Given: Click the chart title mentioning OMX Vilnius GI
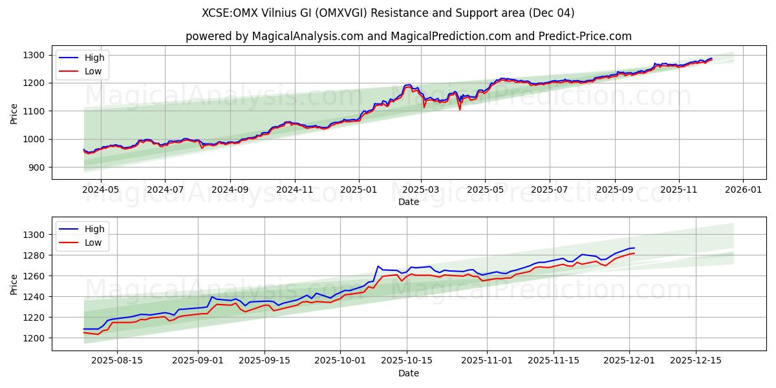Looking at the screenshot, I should point(388,13).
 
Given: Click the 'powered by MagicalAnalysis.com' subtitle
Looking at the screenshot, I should point(408,36).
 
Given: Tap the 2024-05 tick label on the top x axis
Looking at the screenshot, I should point(101,189).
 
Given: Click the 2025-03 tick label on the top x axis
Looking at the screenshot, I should point(421,189).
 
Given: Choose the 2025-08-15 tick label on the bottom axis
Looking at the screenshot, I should point(117,361).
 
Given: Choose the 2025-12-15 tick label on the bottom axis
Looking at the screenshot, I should point(696,361).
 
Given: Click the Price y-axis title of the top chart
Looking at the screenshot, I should point(14,113).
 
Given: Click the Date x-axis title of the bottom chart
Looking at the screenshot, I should point(408,373).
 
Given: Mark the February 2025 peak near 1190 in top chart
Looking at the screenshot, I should point(407,85).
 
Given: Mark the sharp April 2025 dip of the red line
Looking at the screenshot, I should point(460,109).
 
